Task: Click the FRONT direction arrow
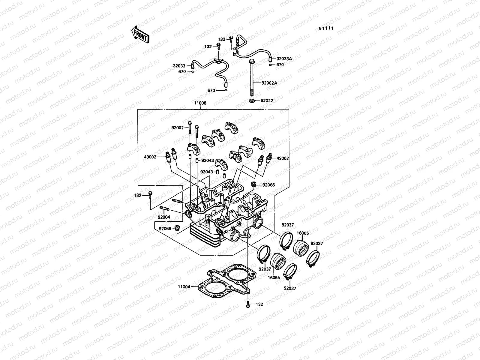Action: tap(140, 34)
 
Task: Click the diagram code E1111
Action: tap(326, 28)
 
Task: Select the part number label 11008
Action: tap(200, 103)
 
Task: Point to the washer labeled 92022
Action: tap(252, 100)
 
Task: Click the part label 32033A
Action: tap(284, 59)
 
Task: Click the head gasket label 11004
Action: tap(184, 287)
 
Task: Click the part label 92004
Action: tap(164, 217)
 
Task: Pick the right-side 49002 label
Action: tap(283, 158)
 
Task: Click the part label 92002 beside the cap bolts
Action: tap(177, 128)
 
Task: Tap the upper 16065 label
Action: tap(303, 233)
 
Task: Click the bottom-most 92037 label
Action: tap(290, 288)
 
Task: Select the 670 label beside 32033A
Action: tap(280, 64)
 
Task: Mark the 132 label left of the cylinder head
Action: tap(137, 195)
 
